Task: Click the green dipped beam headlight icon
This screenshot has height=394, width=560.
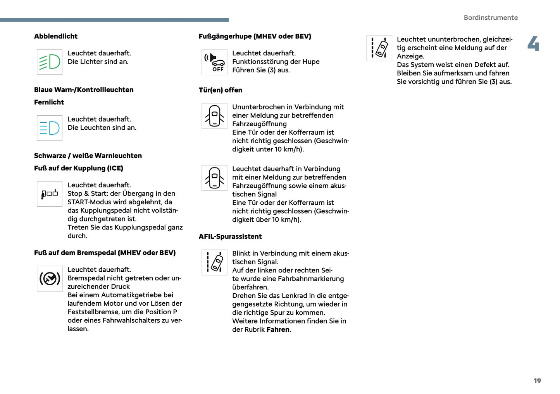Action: (50, 62)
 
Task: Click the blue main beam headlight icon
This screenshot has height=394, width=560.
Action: (50, 128)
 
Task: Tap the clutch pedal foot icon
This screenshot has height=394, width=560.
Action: (50, 194)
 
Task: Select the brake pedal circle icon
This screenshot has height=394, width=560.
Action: (50, 278)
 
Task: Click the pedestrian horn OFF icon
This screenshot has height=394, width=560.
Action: (214, 62)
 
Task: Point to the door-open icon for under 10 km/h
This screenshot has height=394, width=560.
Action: (214, 116)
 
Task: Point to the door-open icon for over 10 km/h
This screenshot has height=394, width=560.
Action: (214, 178)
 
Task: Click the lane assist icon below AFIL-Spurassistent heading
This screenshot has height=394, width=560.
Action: (214, 262)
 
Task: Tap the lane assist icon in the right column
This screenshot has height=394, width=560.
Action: (379, 48)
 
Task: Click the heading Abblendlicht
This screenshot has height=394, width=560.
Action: (56, 36)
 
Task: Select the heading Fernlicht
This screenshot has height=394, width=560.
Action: (49, 102)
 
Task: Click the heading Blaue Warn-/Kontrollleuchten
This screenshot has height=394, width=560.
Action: (84, 90)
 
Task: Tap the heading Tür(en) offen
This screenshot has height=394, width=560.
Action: (220, 90)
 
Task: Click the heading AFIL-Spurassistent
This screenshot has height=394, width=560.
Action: (230, 236)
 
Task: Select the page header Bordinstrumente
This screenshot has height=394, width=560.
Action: (490, 18)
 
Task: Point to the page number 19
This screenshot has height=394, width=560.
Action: (537, 381)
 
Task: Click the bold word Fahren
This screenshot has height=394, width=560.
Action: (278, 330)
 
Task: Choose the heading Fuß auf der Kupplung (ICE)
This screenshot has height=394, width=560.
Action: (79, 168)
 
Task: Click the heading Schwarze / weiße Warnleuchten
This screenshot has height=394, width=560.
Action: (88, 156)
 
